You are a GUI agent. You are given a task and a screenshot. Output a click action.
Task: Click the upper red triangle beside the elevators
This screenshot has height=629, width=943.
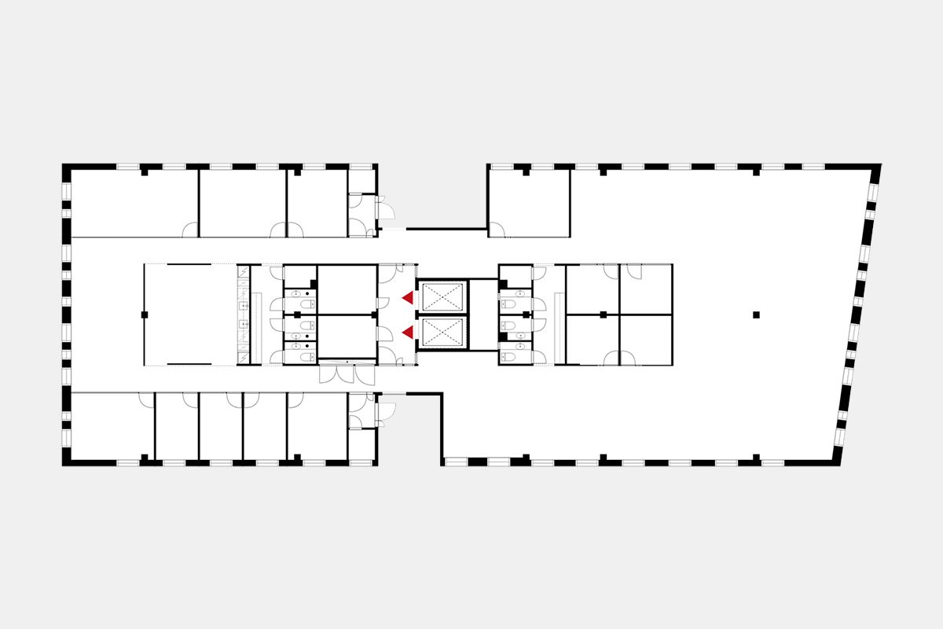408,297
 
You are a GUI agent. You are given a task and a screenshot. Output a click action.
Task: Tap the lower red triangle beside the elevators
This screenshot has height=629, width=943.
408,333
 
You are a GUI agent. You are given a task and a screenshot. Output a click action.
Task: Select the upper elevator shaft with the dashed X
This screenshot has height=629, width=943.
442,297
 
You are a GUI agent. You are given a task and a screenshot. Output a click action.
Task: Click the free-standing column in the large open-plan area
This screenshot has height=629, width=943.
756,314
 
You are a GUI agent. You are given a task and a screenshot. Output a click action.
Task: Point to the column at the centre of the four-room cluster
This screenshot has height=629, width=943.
603,314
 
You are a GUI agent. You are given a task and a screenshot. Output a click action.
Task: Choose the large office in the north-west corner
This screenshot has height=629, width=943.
134,202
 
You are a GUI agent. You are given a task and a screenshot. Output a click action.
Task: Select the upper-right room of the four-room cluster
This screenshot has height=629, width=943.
645,289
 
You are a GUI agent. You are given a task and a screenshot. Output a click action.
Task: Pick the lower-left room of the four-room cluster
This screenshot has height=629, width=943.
592,340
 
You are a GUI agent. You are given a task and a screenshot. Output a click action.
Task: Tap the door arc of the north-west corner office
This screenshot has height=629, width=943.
189,230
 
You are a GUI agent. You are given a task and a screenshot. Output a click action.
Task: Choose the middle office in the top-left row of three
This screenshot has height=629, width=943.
242,202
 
